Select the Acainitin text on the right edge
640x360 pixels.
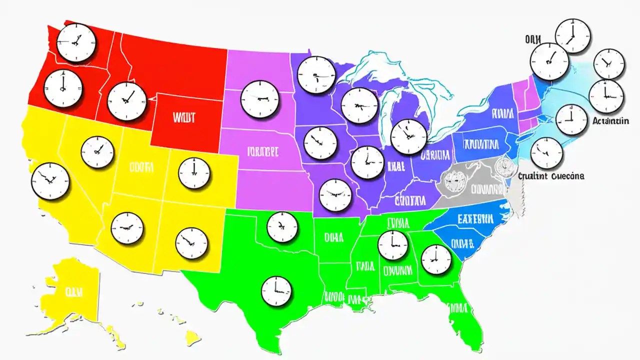(x=610, y=121)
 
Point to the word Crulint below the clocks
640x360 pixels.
(x=534, y=176)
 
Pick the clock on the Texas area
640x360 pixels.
(x=276, y=290)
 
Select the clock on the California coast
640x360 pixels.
(x=50, y=181)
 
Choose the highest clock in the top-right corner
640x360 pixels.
(x=573, y=35)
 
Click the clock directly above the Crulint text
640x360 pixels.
(x=546, y=153)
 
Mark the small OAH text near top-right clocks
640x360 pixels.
(x=534, y=38)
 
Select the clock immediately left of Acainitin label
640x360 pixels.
(x=571, y=120)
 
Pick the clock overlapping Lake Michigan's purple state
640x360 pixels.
(x=409, y=137)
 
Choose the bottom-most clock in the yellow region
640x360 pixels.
(x=191, y=243)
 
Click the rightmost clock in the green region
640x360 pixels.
(x=436, y=259)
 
